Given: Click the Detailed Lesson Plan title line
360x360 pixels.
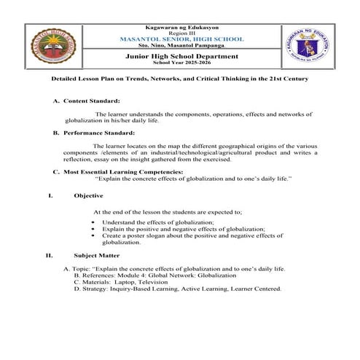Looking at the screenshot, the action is [180, 78].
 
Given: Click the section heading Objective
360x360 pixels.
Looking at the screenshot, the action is [88, 195].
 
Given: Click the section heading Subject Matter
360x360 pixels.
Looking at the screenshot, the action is [98, 256].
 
